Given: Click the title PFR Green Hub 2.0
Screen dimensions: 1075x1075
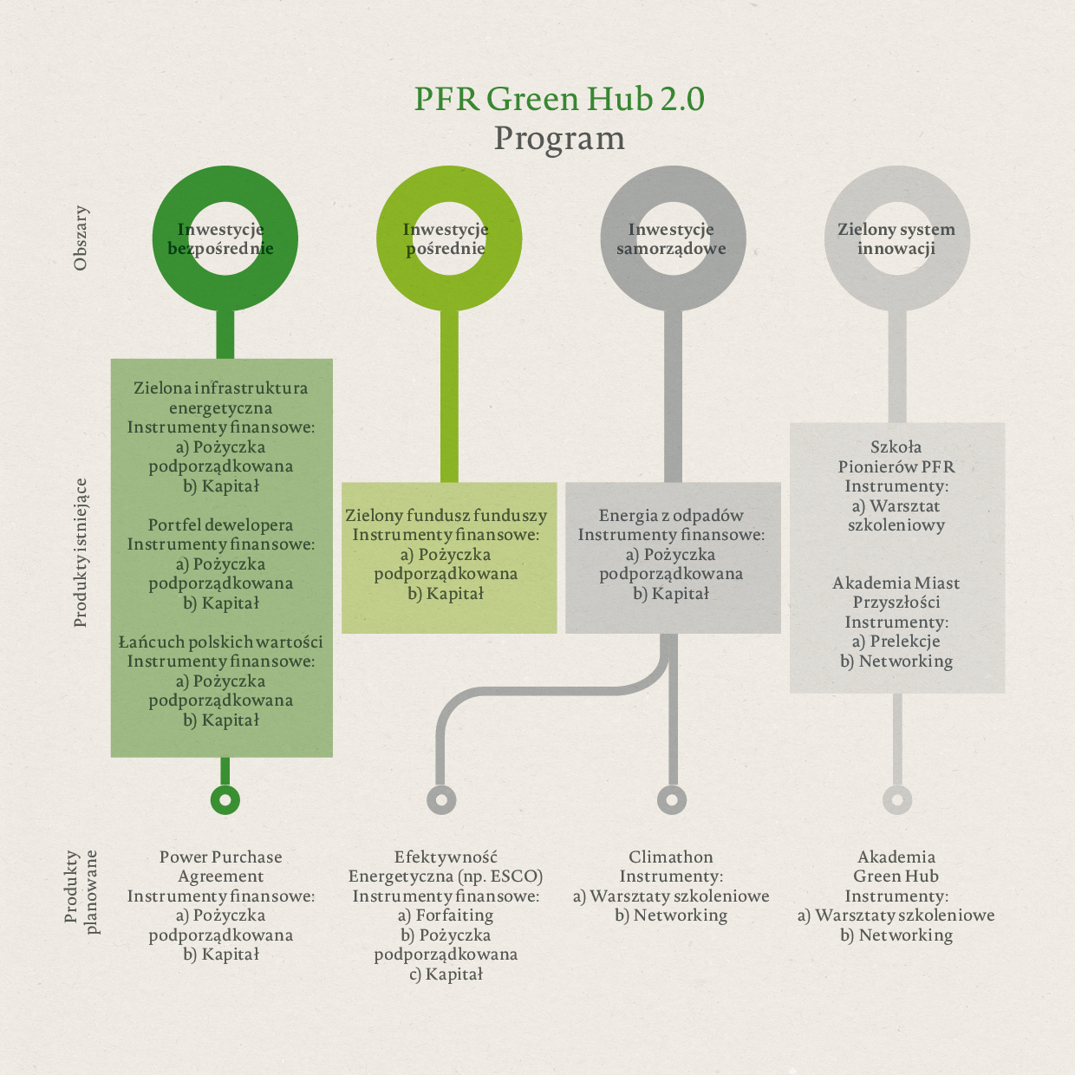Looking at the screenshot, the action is (559, 99).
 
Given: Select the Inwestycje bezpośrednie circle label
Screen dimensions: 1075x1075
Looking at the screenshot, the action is (221, 238).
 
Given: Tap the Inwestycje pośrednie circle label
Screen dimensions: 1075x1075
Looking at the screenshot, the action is (446, 238).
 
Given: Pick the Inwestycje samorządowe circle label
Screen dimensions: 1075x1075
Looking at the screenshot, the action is (671, 238).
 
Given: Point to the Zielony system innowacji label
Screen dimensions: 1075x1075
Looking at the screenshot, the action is (896, 238).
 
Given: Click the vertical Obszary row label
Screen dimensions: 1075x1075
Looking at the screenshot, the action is (81, 238).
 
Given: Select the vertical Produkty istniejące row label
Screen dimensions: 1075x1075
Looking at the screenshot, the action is (81, 553).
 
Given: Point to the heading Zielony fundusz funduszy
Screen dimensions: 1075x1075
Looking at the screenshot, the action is (446, 516).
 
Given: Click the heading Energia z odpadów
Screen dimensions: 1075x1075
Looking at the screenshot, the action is (671, 516).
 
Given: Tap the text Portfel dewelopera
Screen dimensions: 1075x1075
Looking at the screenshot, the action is (220, 525).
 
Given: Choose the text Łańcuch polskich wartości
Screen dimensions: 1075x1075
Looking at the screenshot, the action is (220, 642).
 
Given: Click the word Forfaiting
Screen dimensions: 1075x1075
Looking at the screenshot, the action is (454, 915).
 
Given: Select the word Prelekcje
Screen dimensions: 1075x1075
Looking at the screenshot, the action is (905, 642).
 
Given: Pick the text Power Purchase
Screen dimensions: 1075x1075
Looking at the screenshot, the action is (221, 857).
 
